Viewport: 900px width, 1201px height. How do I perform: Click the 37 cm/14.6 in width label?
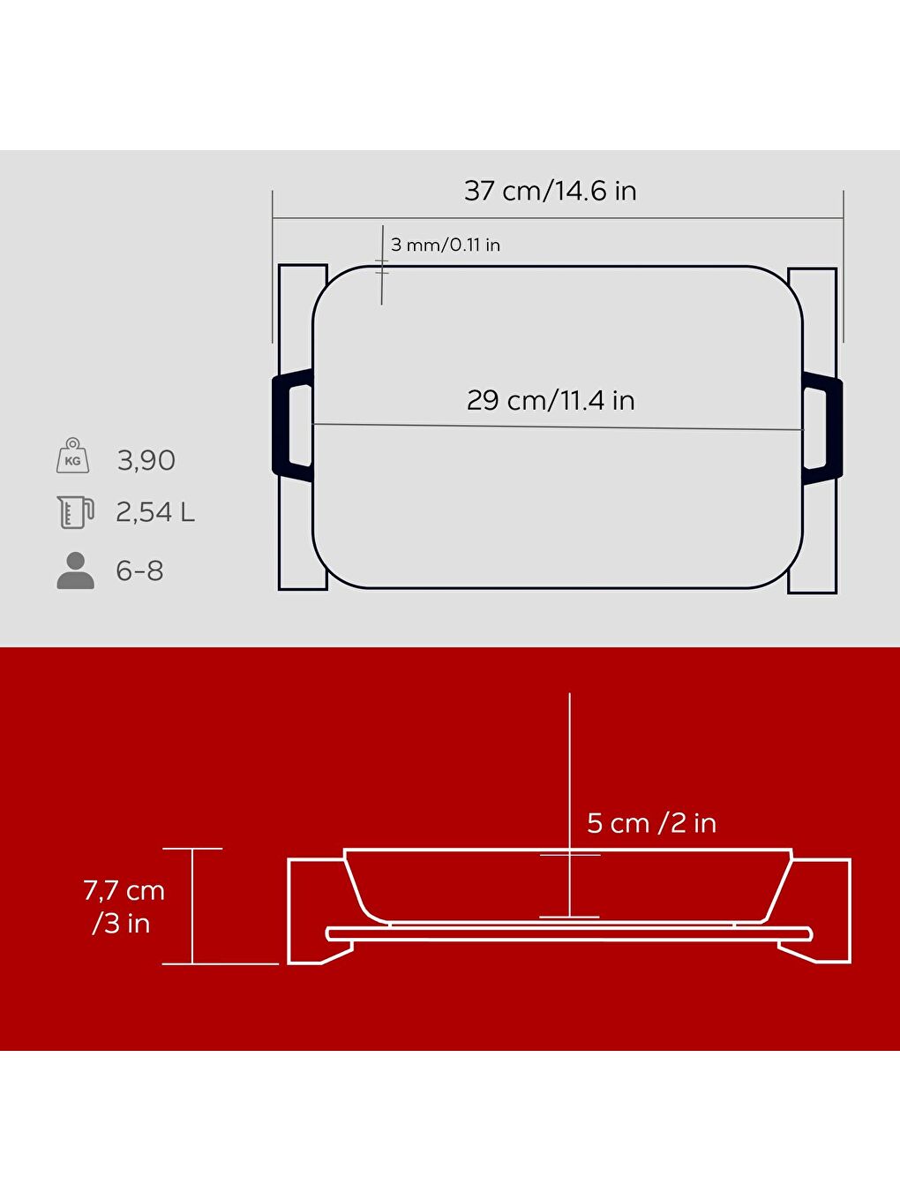click(x=550, y=191)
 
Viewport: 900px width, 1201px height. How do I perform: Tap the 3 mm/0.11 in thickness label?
click(x=445, y=245)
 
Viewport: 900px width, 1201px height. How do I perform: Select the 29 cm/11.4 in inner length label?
click(x=551, y=400)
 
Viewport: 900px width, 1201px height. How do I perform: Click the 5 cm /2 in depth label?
click(x=651, y=823)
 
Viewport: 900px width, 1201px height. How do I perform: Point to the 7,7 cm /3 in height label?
click(x=124, y=907)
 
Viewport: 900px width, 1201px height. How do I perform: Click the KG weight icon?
click(x=72, y=457)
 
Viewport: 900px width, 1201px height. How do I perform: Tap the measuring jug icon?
click(x=75, y=512)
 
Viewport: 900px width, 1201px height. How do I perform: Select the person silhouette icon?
click(x=75, y=571)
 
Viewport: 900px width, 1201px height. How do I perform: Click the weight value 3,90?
click(x=146, y=460)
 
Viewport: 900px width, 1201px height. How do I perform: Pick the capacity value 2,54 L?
click(x=155, y=512)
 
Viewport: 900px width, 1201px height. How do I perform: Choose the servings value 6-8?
click(x=139, y=571)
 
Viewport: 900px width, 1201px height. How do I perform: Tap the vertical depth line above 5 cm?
click(x=570, y=768)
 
